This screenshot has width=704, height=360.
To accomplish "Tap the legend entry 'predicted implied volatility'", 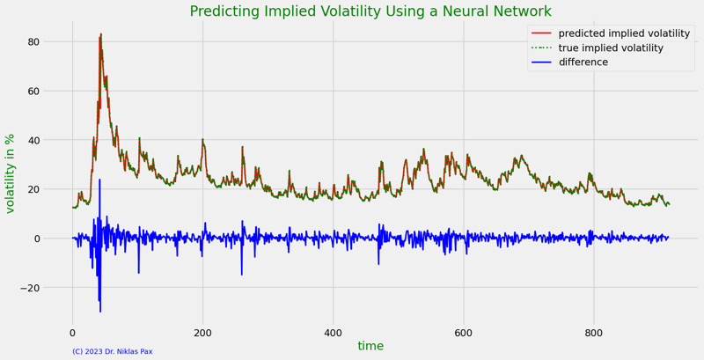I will [x=624, y=33].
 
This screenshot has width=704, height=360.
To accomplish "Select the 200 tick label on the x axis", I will [x=202, y=333].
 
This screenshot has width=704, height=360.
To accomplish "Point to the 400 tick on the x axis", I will [x=333, y=333].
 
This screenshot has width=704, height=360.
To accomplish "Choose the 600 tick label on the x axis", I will [x=463, y=333].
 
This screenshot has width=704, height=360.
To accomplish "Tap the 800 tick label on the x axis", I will [x=593, y=333].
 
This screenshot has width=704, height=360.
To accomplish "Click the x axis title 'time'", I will [x=370, y=346].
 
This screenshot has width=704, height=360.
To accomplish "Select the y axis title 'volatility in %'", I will [x=11, y=173].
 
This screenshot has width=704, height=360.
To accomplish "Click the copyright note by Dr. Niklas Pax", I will [x=112, y=352].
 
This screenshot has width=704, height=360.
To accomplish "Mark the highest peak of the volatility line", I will [x=101, y=34].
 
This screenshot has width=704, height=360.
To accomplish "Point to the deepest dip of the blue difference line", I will [x=100, y=312].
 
